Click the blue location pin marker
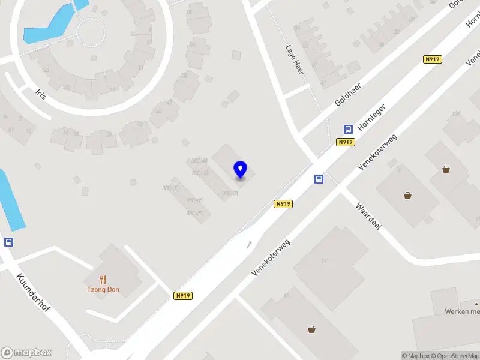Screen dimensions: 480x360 point(241,169)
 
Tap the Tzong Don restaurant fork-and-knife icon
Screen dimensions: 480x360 point(103,279)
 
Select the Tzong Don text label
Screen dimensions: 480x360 point(103,290)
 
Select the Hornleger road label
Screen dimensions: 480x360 point(371,118)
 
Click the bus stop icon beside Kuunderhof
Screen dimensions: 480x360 point(8,242)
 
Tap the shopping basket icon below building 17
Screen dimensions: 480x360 point(311,329)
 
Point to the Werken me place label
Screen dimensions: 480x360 point(462,311)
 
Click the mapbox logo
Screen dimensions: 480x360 point(26,352)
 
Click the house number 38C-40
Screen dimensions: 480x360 point(199,161)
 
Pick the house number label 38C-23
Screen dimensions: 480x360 point(194,214)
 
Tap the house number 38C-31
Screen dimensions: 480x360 point(231,193)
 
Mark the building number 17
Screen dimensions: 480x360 point(325,260)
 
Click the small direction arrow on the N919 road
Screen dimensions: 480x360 point(250,244)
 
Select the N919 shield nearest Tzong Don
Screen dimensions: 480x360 point(183,296)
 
